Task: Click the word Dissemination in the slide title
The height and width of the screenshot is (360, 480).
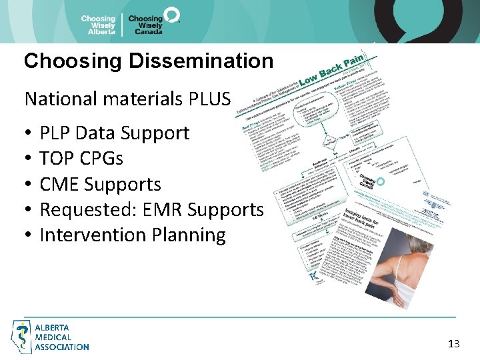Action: click(x=201, y=61)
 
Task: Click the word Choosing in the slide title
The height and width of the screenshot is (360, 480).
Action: click(x=73, y=61)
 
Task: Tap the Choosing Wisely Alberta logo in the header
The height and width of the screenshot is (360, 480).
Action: click(x=98, y=25)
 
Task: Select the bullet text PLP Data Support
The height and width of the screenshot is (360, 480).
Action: click(x=115, y=133)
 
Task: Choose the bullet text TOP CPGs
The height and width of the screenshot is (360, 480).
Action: click(x=81, y=159)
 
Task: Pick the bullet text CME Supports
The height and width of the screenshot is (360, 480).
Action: click(x=100, y=184)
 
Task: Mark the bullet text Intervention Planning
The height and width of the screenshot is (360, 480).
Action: click(x=133, y=235)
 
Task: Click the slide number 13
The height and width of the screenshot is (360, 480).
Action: click(x=454, y=344)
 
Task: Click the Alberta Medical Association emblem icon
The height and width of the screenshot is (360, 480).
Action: click(x=22, y=336)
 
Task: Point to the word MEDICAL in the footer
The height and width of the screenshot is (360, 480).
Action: click(x=53, y=337)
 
